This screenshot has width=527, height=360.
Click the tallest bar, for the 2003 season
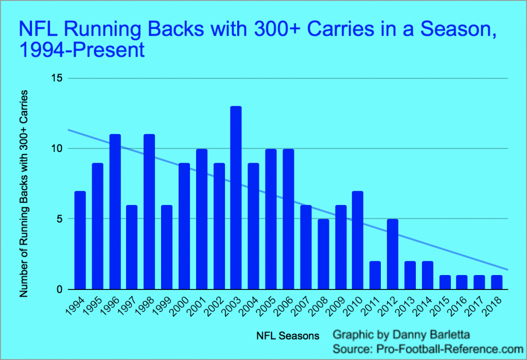coord(236,198)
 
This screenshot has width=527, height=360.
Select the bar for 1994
coord(80,240)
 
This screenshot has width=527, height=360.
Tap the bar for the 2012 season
coord(393,254)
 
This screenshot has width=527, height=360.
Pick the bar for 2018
coord(497,282)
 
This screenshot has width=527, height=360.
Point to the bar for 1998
coord(149,212)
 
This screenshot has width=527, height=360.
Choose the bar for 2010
coord(358,240)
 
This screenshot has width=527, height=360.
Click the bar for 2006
coord(288,219)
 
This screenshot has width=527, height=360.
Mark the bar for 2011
coord(375,275)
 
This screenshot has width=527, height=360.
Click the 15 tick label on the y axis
coord(57,78)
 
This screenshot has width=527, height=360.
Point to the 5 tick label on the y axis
coord(60,219)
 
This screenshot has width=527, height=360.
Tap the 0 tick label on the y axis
coord(60,289)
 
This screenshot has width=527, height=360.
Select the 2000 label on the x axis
coord(179,306)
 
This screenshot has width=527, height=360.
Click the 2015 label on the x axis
coord(440,306)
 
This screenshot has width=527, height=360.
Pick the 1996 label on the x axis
coord(110,306)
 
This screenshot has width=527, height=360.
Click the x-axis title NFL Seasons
coord(288,336)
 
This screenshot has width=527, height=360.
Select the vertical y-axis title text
coord(24,194)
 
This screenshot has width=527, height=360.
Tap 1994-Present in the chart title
coord(82,50)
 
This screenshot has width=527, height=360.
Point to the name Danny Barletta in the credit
coord(431,335)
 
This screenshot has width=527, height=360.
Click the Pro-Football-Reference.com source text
coord(450,349)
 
